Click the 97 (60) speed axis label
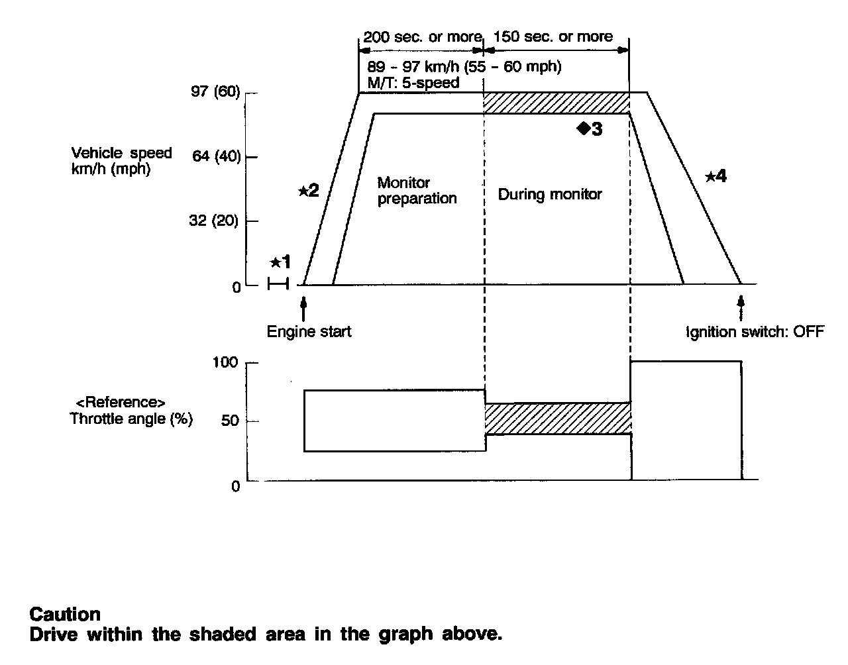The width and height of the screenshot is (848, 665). pyautogui.click(x=215, y=91)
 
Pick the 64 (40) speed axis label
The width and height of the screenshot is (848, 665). pyautogui.click(x=215, y=156)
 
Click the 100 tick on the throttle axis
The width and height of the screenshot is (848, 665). pyautogui.click(x=225, y=362)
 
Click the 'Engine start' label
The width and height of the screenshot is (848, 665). pyautogui.click(x=309, y=331)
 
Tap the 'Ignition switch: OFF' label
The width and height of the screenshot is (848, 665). pyautogui.click(x=755, y=331)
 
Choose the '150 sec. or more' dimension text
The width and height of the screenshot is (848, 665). pyautogui.click(x=554, y=36)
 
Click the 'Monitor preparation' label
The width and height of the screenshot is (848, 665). pyautogui.click(x=417, y=190)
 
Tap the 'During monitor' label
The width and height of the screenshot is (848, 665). pyautogui.click(x=550, y=194)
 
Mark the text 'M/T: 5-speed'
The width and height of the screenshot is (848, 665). pyautogui.click(x=413, y=83)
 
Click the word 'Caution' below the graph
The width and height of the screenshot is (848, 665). pyautogui.click(x=65, y=614)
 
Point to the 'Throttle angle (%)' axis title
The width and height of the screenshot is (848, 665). pyautogui.click(x=131, y=419)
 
